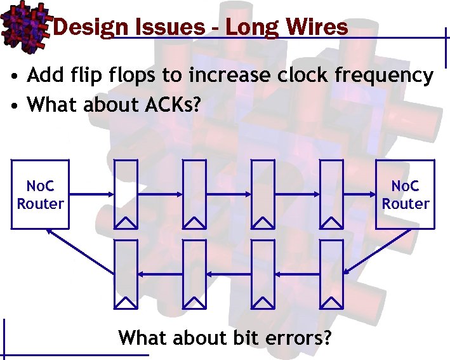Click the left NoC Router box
(x=40, y=194)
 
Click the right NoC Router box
(x=405, y=194)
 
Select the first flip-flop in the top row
(x=125, y=194)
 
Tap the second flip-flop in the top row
(x=194, y=194)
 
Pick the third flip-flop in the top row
(x=263, y=194)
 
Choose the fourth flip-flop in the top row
(x=331, y=194)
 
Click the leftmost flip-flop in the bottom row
(x=125, y=274)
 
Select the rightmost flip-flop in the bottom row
(x=331, y=274)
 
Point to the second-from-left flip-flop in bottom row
(x=194, y=274)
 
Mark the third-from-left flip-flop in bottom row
(x=263, y=274)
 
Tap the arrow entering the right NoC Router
(x=359, y=194)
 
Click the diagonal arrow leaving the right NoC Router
(x=377, y=251)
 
